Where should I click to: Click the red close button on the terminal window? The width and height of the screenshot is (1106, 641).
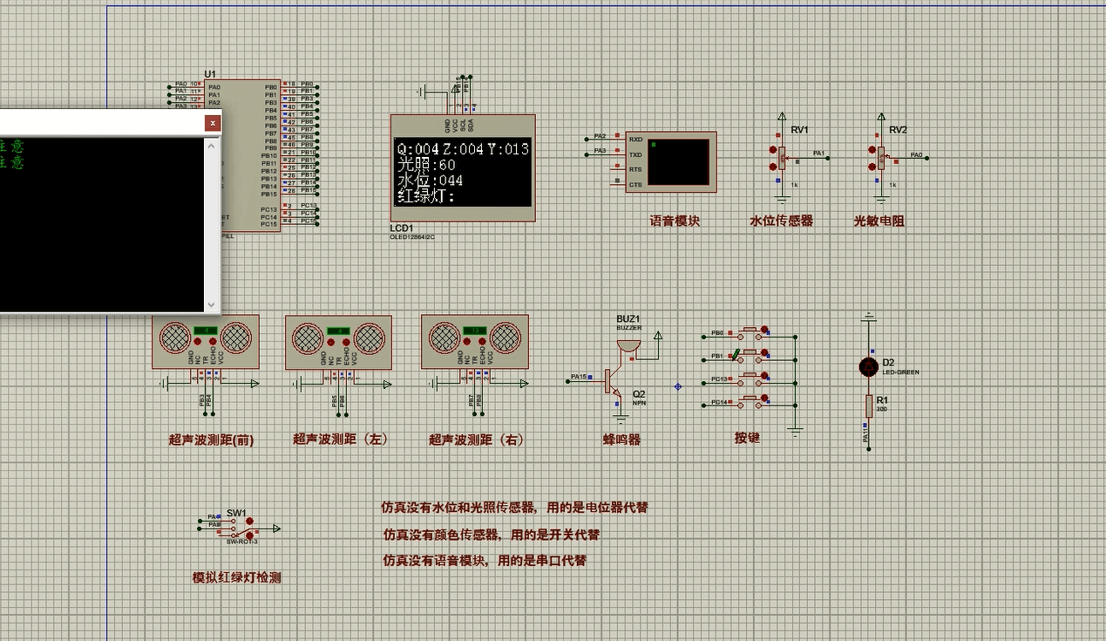pos(213,123)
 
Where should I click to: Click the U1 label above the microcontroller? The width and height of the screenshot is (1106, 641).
pos(210,74)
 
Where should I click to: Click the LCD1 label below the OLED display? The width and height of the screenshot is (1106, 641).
pos(402,228)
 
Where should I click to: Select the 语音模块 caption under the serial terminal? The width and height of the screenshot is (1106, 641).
pos(675,222)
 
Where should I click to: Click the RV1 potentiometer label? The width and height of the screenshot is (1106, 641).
pos(799,130)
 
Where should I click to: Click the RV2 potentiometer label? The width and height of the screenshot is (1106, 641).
pos(898,130)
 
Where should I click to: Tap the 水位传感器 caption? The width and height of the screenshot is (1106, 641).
pos(781,222)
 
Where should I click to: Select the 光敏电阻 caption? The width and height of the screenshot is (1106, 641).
pos(879,222)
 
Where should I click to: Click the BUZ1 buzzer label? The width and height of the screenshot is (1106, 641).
pos(628,319)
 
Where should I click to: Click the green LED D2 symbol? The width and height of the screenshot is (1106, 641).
pos(868,367)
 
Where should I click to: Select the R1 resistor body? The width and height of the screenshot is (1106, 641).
pos(868,406)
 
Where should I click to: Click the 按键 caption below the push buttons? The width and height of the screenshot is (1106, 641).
pos(747,438)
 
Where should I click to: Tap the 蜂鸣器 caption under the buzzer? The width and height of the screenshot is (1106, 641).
pos(621,440)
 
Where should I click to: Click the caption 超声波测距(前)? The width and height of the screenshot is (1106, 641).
pos(211,440)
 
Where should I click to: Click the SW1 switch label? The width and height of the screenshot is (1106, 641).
pos(236,513)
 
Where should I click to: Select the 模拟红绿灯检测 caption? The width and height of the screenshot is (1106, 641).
pos(236,577)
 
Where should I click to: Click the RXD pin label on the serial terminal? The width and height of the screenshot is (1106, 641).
pos(635,140)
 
